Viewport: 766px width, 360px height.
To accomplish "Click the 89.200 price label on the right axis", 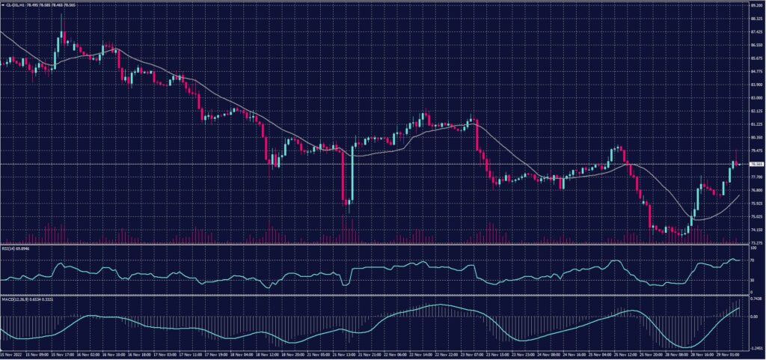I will [x=756, y=5].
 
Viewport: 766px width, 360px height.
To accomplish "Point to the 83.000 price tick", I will [x=756, y=97].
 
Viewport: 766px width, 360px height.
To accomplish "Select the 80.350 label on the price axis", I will [x=756, y=137].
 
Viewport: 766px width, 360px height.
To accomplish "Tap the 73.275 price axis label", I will [x=756, y=242].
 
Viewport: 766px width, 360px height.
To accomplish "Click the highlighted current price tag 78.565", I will [x=756, y=164].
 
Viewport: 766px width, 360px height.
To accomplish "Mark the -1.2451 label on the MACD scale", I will [x=754, y=348].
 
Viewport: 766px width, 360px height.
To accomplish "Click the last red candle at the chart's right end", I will [x=738, y=163].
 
